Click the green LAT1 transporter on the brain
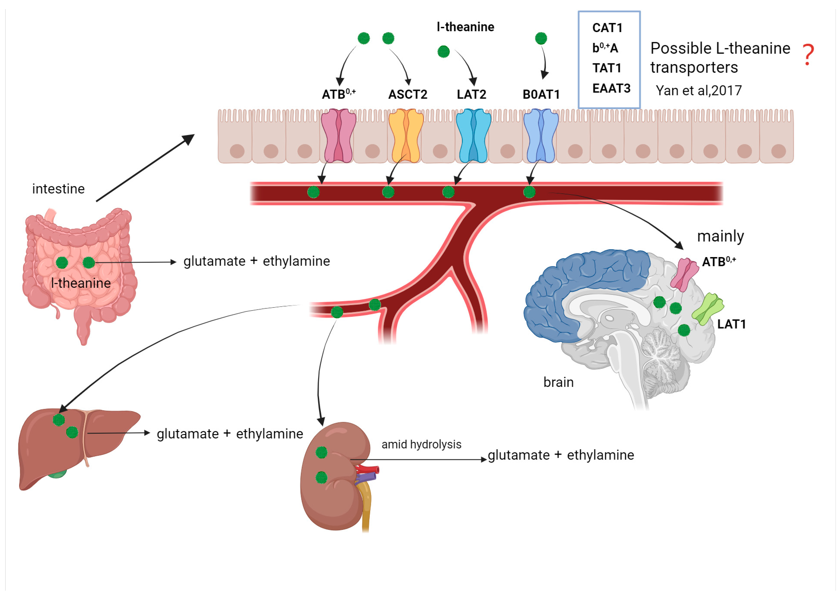pos(707,308)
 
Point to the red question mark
pos(808,55)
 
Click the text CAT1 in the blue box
pos(607,28)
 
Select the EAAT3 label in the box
pos(611,88)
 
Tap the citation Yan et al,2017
pos(698,90)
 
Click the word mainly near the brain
pos(720,236)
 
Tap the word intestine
pos(58,189)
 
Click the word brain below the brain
pos(558,382)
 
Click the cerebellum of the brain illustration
pos(662,351)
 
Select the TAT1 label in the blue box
pos(607,68)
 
